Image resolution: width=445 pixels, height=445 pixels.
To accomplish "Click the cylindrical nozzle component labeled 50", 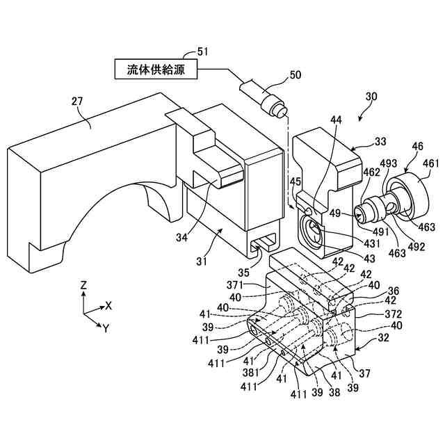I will pyautogui.click(x=261, y=98).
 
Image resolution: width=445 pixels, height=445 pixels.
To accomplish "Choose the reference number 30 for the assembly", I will pyautogui.click(x=371, y=97).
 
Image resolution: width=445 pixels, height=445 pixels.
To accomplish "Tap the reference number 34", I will pyautogui.click(x=182, y=238).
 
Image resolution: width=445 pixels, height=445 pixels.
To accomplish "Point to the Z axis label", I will pyautogui.click(x=83, y=285).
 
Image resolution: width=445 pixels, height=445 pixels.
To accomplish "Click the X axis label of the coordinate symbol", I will pyautogui.click(x=108, y=306).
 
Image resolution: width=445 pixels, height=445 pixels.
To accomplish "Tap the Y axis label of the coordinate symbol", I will pyautogui.click(x=105, y=327).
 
